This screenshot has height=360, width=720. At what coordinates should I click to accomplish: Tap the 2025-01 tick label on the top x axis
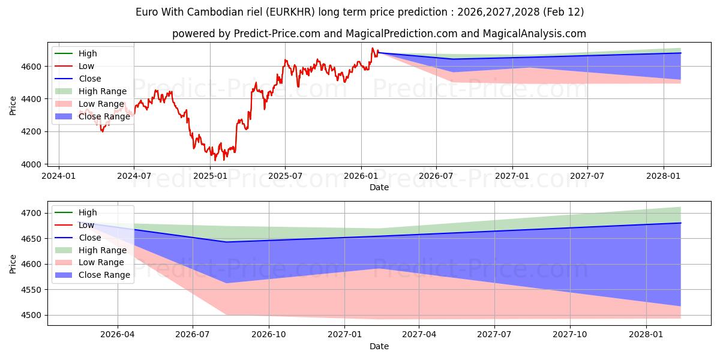[210, 175]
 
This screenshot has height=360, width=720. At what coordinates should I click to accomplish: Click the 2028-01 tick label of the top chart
[664, 175]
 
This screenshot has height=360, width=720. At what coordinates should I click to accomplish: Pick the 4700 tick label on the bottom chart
[32, 214]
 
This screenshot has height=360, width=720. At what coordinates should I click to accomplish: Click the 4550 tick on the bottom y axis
[32, 290]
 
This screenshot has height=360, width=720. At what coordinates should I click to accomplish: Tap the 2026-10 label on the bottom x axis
[268, 335]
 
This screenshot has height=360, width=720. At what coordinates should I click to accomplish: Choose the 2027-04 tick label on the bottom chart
[419, 335]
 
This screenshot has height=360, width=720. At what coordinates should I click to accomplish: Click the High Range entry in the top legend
[103, 91]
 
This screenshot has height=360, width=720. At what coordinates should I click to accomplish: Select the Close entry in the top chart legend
[90, 79]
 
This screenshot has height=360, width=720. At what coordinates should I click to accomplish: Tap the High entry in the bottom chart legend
[88, 212]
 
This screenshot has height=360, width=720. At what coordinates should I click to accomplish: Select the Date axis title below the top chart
[379, 187]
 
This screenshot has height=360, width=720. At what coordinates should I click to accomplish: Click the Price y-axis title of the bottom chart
[13, 264]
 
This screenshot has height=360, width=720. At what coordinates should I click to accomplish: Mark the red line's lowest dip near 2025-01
[224, 160]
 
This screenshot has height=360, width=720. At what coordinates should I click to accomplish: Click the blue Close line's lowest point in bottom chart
[226, 242]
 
